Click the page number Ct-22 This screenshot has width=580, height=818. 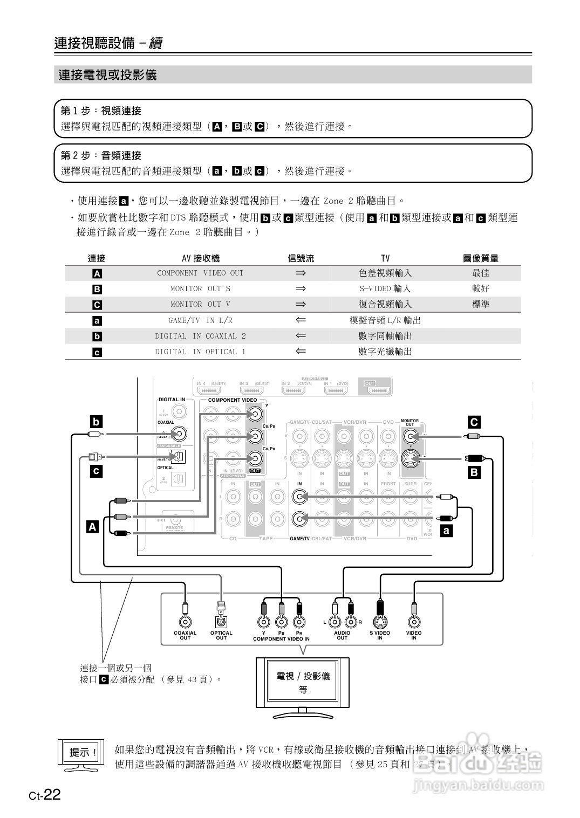tap(45, 795)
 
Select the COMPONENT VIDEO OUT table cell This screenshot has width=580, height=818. tap(200, 273)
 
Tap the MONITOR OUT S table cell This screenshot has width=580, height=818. tap(200, 288)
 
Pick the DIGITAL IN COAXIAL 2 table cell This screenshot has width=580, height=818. tap(200, 336)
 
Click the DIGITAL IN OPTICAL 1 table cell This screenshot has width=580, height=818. tap(200, 352)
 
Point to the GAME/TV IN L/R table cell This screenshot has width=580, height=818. tap(200, 320)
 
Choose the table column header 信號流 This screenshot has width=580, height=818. tap(301, 258)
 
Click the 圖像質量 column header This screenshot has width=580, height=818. tap(480, 258)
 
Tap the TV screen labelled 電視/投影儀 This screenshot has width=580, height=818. tap(303, 682)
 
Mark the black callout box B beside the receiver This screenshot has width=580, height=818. tap(474, 473)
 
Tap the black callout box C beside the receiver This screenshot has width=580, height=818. tap(474, 422)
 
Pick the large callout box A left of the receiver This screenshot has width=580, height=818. tap(93, 526)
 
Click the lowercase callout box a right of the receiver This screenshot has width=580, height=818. tap(446, 531)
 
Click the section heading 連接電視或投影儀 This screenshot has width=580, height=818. tap(107, 75)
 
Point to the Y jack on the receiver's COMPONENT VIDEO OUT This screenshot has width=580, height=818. tap(254, 414)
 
